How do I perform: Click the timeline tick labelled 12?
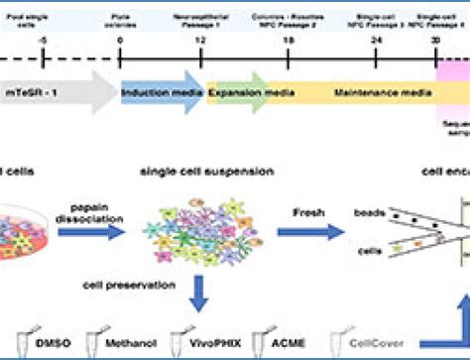[203, 41]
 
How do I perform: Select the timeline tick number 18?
[289, 41]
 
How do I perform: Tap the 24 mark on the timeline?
[376, 41]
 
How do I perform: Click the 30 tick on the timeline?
[436, 41]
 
